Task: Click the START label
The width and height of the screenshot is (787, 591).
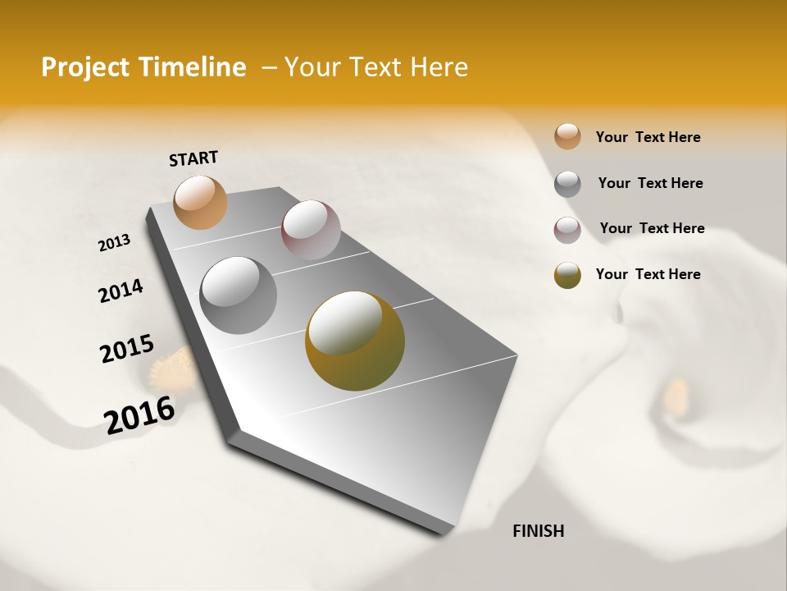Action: pos(193,158)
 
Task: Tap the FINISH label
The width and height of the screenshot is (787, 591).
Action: pos(538,531)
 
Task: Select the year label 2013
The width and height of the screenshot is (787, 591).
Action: pos(114,243)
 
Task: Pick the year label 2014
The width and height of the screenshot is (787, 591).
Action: pos(121,291)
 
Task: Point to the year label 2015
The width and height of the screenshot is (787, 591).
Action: pos(127,349)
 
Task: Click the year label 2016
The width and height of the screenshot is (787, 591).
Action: pos(139,415)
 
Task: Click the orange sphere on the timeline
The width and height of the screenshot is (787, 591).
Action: pos(201,202)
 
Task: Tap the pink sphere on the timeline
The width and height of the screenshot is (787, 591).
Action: pos(311,230)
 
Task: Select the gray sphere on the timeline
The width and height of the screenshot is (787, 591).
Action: pos(239,295)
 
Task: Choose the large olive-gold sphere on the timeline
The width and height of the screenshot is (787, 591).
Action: pos(355,341)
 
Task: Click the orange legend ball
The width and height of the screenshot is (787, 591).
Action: pos(567,136)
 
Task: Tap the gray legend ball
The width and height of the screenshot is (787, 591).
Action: pos(567,184)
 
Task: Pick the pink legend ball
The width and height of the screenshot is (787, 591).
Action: pos(567,230)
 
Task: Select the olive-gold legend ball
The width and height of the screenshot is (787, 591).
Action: pos(567,275)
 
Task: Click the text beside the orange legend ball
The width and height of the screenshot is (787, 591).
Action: pos(648,137)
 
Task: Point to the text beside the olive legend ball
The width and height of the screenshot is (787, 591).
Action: pos(648,274)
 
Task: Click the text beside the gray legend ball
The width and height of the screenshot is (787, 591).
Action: pos(650,183)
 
